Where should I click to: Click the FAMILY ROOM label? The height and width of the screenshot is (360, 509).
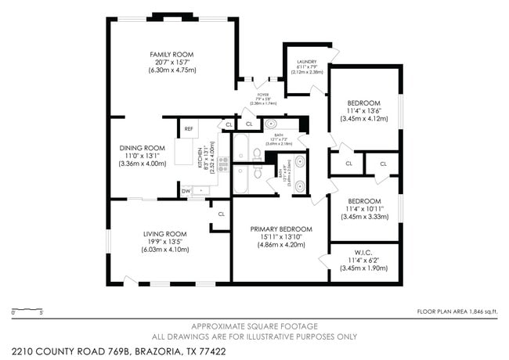[x=171, y=54]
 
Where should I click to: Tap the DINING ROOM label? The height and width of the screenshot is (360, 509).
[x=142, y=148]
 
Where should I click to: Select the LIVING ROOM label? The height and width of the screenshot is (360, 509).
[x=164, y=233]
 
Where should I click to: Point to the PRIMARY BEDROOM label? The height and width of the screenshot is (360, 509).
[x=281, y=229]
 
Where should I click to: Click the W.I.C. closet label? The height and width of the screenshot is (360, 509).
[x=363, y=252]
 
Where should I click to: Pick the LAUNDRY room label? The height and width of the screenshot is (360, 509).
[x=305, y=62]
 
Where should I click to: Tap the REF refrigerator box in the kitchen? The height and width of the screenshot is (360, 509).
[x=189, y=129]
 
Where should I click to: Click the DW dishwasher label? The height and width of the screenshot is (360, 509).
[x=186, y=190]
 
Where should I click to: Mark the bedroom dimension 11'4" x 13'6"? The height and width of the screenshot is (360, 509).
[x=363, y=110]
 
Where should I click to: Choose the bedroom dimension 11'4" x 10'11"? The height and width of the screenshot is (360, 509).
[x=363, y=209]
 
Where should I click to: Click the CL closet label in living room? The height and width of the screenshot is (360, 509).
[x=221, y=214]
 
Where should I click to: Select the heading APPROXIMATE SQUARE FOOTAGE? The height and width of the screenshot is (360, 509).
[x=254, y=325]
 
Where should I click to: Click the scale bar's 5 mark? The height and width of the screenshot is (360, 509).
[x=40, y=314]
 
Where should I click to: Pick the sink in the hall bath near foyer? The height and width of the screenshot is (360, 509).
[x=270, y=124]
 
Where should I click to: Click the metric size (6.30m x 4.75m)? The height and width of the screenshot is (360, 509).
[x=171, y=70]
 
